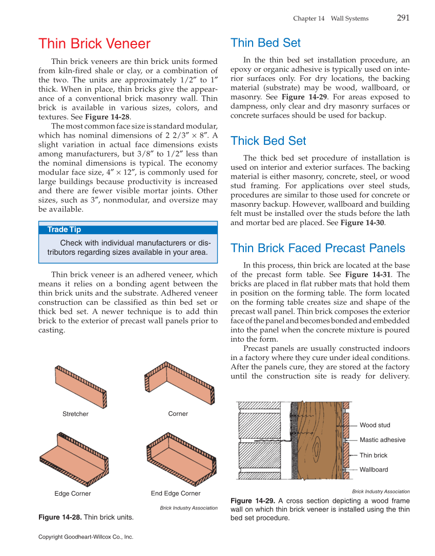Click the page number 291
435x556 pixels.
[x=403, y=18]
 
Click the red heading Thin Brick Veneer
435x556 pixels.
[x=94, y=44]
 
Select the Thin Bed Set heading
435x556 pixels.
[x=265, y=42]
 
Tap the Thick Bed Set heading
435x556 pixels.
[x=268, y=141]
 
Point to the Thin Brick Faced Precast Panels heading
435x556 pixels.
[x=318, y=248]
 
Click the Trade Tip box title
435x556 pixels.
[x=64, y=230]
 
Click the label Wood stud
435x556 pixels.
[x=375, y=425]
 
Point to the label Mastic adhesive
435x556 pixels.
[x=382, y=440]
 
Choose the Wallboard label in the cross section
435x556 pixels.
[x=374, y=470]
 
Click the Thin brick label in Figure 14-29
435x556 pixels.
[x=373, y=455]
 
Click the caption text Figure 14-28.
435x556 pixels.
[x=60, y=517]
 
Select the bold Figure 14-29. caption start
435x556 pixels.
[x=253, y=501]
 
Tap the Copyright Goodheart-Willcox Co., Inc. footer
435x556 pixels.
[x=86, y=537]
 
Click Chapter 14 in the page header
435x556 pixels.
[x=309, y=18]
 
